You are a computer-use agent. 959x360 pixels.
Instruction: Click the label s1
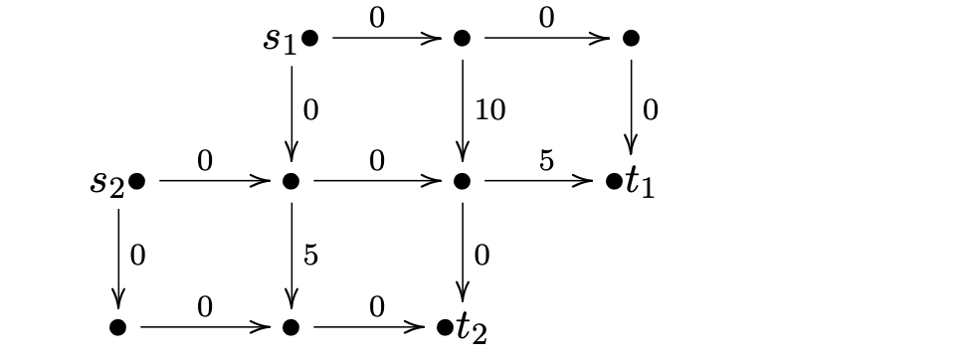[280, 41]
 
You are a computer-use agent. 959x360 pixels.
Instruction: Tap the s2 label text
[107, 183]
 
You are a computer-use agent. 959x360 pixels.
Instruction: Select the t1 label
[640, 182]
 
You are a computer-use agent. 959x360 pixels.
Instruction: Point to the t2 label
[472, 329]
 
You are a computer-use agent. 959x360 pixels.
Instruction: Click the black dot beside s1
[310, 38]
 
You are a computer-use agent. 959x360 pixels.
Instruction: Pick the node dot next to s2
[137, 181]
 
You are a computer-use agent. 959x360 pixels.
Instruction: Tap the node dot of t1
[614, 181]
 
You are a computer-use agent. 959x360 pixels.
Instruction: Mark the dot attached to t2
[445, 327]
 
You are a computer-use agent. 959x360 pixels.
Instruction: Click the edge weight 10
[489, 110]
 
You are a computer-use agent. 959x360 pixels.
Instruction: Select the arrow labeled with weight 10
[463, 110]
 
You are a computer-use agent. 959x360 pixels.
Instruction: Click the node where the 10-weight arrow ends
[463, 181]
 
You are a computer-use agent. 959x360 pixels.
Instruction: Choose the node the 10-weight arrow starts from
[463, 38]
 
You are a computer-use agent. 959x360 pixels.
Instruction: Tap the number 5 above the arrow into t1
[546, 161]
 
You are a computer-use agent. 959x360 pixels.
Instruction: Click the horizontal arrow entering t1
[539, 181]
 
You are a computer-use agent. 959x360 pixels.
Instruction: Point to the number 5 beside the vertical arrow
[310, 255]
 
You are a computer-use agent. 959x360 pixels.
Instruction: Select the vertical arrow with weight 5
[291, 257]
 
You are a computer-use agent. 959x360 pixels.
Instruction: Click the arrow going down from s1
[291, 113]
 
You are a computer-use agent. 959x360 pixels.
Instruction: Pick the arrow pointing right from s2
[215, 181]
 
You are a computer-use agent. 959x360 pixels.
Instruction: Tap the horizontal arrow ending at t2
[369, 327]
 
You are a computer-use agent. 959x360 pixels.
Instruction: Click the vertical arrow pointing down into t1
[631, 107]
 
